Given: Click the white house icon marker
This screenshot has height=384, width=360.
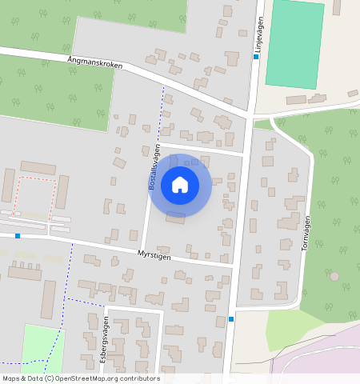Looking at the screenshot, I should tap(180, 185).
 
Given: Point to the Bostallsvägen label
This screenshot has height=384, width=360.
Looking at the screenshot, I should tap(156, 166).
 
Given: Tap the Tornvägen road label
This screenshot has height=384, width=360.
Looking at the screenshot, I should tap(306, 233).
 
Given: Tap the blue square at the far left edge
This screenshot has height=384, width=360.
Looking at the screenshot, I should tap(18, 236).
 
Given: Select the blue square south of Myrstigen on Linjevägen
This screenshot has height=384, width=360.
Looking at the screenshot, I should tap(231, 319).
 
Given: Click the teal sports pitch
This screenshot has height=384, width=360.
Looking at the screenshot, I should tap(294, 44).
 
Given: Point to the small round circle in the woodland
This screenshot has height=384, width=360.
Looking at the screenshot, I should tap(334, 277).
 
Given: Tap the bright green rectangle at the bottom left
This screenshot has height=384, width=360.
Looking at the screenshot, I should tap(42, 348).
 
